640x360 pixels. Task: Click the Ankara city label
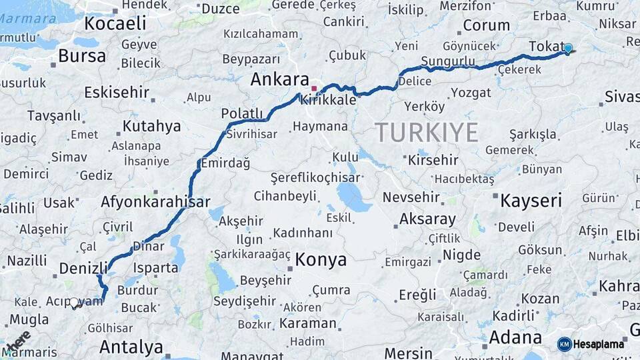pos(279,79)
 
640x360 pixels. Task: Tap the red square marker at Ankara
pos(314,87)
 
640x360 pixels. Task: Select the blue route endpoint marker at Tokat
pos(568,48)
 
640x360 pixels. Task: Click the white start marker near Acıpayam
pos(74,302)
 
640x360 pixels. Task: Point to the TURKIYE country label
pos(426,133)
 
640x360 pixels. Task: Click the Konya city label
pos(321,259)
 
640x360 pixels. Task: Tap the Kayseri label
pos(531,200)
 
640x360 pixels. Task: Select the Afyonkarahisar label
pos(155,202)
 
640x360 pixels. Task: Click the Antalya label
pos(131,347)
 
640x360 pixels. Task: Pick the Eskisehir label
pos(116,93)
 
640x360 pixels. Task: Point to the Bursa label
pos(82,56)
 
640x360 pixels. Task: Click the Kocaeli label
pos(115,23)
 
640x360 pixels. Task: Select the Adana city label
pos(515,337)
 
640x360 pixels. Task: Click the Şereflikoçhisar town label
pos(315,177)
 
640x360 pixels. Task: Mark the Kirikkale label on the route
pos(328,99)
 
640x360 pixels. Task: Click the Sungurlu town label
pos(448,62)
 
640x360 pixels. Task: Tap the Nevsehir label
pos(411,197)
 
